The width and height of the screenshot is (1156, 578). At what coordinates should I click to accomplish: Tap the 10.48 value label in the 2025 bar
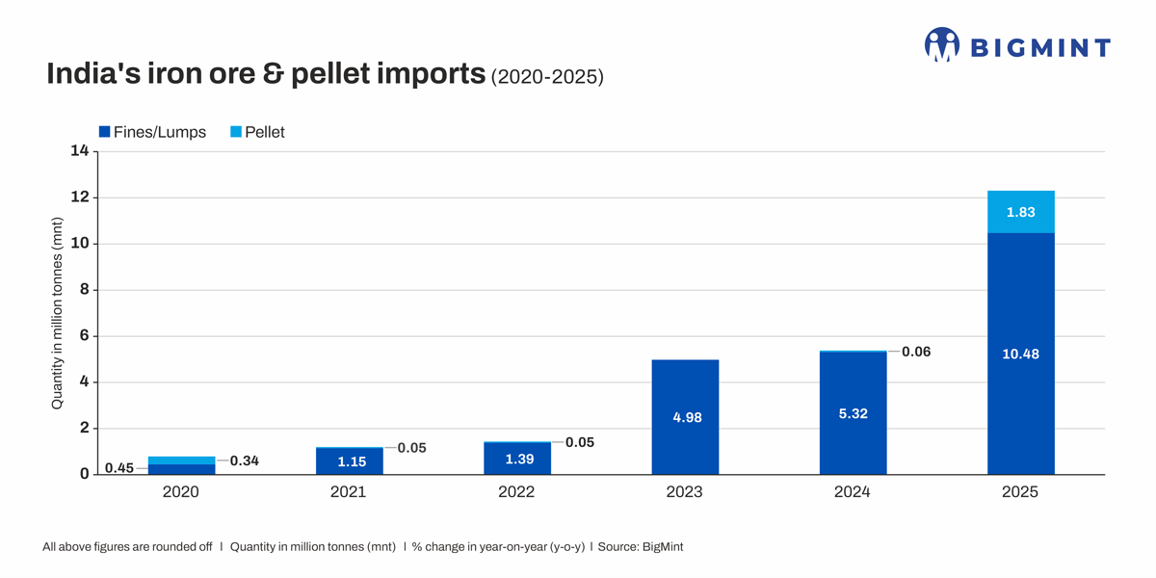(1020, 355)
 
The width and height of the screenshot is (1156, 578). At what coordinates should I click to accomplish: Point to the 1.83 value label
(1020, 212)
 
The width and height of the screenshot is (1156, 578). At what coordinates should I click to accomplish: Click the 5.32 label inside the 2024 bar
(853, 414)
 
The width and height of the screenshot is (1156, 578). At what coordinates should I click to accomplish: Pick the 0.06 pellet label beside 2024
(916, 352)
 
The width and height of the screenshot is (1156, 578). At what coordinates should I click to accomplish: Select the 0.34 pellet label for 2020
(244, 461)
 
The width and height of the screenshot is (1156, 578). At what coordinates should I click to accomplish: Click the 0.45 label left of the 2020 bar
(118, 468)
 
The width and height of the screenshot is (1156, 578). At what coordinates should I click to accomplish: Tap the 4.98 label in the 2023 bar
(687, 418)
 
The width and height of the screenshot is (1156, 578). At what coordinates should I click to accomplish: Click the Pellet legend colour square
(236, 132)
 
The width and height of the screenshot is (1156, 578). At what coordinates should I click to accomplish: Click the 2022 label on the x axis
(516, 492)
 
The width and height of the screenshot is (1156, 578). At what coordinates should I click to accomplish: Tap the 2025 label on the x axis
(1020, 492)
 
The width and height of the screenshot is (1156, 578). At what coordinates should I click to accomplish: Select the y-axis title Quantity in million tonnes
(57, 313)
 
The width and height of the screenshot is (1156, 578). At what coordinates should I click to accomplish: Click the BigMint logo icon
(941, 45)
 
